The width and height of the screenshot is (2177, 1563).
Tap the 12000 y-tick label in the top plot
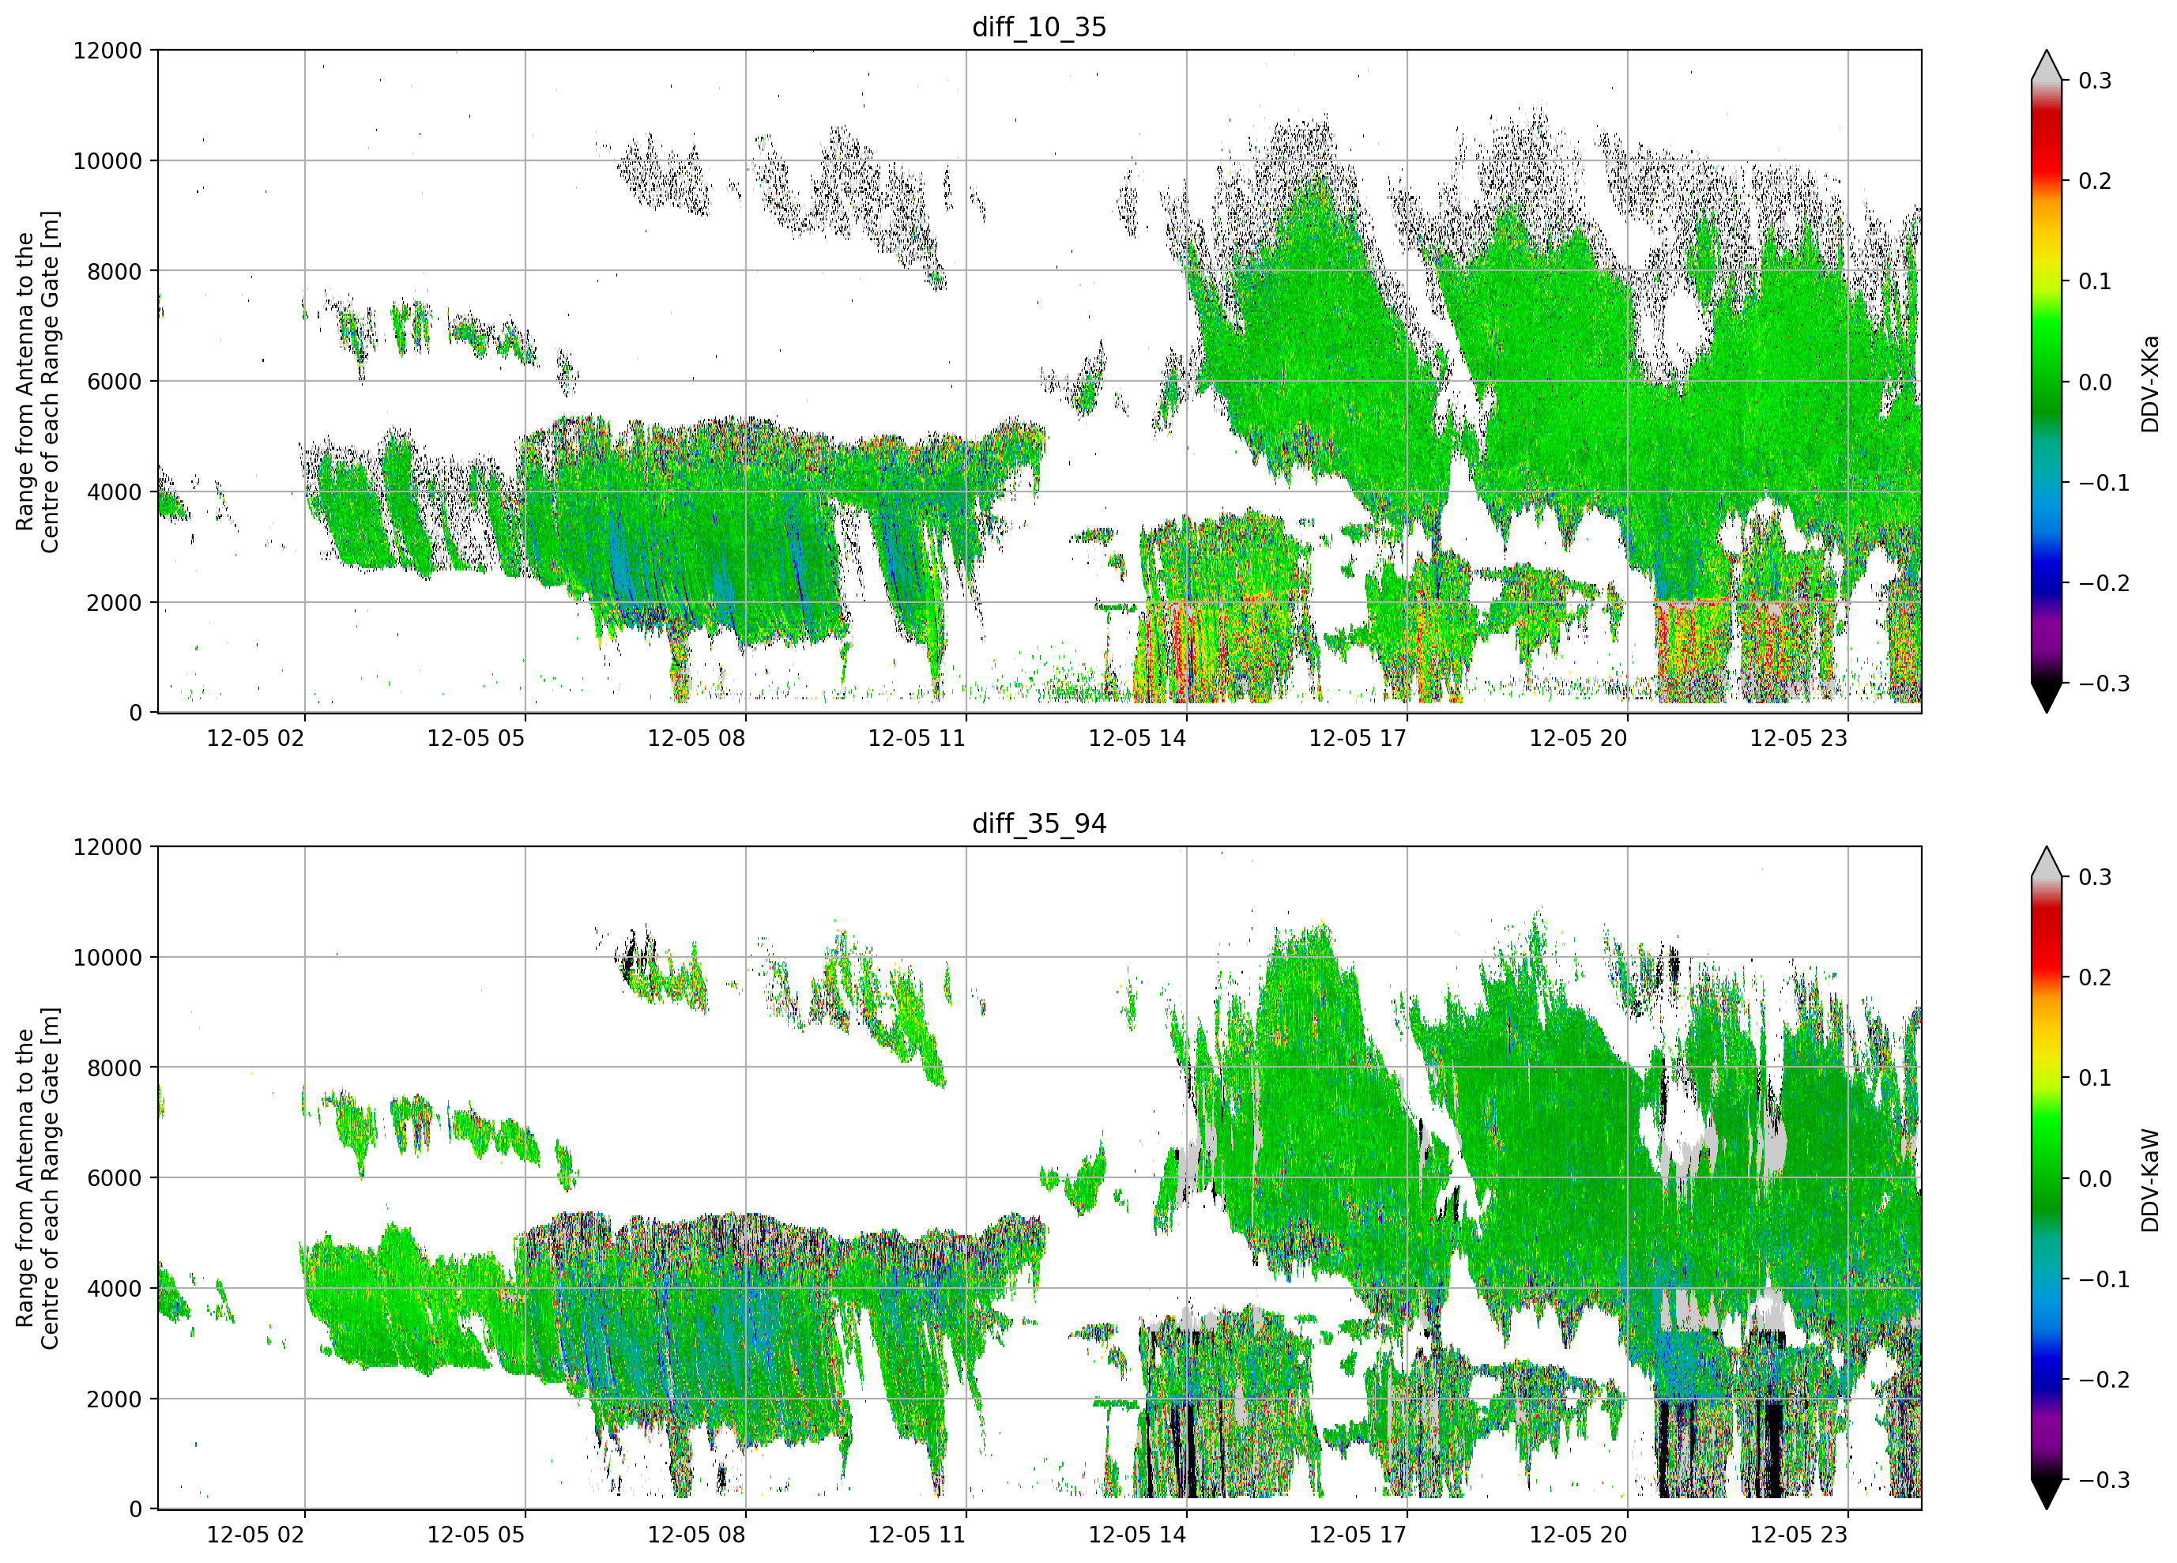click(x=107, y=51)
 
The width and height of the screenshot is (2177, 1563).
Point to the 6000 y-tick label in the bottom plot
click(x=115, y=1178)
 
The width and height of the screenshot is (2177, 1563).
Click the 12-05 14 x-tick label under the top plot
click(x=1137, y=738)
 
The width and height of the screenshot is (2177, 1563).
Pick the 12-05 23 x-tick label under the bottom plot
click(x=1798, y=1535)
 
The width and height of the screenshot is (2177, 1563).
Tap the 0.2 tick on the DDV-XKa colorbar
click(x=2095, y=182)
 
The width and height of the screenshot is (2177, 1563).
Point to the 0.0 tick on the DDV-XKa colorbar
click(x=2095, y=382)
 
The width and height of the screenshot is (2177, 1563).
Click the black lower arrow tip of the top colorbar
click(x=2047, y=711)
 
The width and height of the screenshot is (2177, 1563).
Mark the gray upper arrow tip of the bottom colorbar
click(x=2047, y=848)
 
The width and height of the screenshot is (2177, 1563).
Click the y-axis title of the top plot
click(x=37, y=382)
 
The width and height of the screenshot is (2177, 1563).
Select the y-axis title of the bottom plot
click(x=37, y=1178)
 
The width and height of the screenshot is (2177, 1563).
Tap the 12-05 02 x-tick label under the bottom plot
click(x=255, y=1535)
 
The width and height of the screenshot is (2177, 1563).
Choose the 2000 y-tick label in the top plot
click(x=115, y=603)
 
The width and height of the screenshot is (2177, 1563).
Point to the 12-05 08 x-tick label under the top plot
click(x=696, y=738)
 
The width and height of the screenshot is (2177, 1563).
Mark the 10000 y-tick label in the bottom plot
click(x=107, y=957)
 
